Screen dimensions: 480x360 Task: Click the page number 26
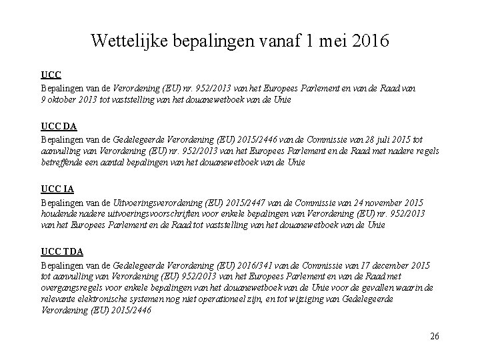pyautogui.click(x=434, y=336)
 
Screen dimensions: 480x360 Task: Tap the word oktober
pyautogui.click(x=62, y=99)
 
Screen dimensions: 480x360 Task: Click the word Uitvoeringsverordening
pyautogui.click(x=151, y=203)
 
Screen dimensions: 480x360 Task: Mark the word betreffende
pyautogui.click(x=62, y=161)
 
